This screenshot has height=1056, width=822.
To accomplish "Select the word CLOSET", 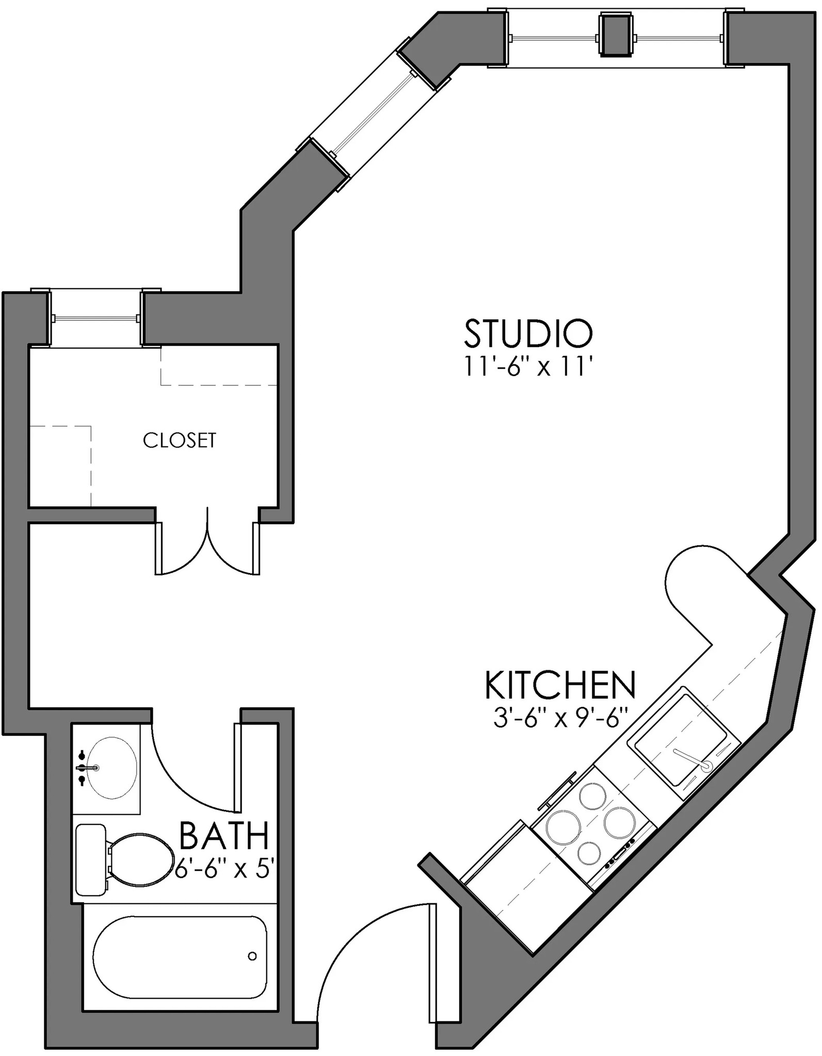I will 179,440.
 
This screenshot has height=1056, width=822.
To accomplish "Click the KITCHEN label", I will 560,685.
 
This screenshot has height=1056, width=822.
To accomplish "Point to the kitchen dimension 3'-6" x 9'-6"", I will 560,718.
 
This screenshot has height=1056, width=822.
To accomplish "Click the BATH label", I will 224,835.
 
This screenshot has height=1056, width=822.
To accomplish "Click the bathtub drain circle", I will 252,956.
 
